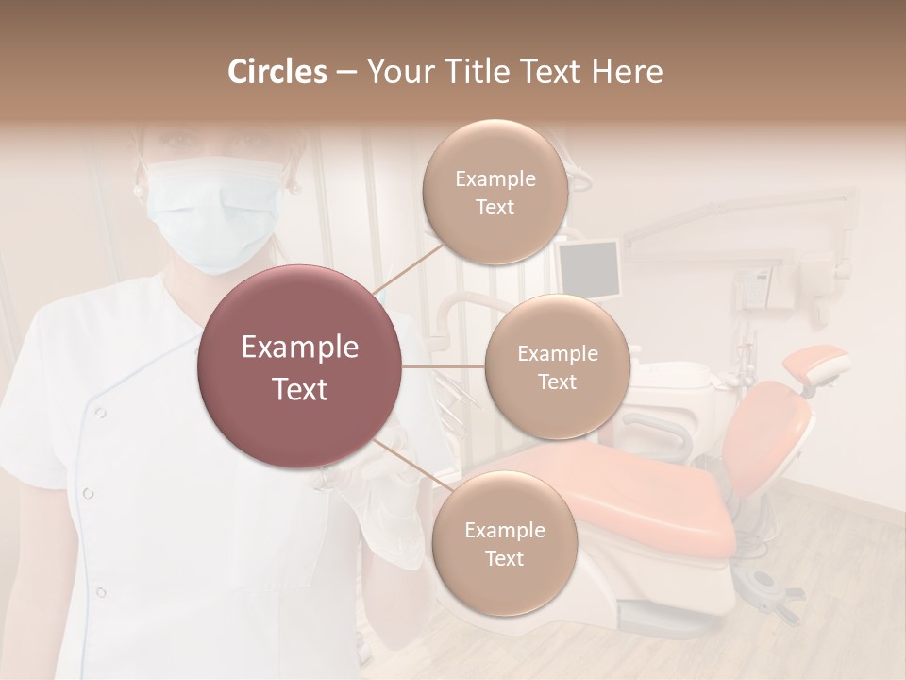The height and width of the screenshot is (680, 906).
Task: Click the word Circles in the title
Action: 277,72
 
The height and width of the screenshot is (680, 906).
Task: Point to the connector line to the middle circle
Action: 444,366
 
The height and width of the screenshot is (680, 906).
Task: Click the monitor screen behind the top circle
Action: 589,267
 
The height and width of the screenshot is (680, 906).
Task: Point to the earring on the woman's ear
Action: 139,190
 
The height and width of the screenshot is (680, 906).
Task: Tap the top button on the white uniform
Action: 100,413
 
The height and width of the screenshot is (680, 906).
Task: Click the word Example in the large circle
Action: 299,348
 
